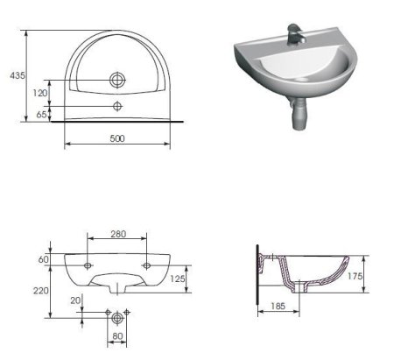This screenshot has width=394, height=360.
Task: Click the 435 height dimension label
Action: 15,76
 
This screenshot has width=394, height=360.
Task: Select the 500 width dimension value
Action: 116,137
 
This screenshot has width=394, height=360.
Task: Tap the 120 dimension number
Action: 40,92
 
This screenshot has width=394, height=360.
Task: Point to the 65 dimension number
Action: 42,115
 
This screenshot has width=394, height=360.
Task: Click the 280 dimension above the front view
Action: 119,235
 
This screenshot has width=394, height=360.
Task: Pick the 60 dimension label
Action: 41,260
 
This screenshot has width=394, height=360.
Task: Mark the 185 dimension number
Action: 278,307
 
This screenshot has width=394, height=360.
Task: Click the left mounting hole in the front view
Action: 89,263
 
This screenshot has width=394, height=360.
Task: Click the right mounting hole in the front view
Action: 146,263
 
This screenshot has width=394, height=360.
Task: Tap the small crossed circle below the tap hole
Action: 117,106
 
